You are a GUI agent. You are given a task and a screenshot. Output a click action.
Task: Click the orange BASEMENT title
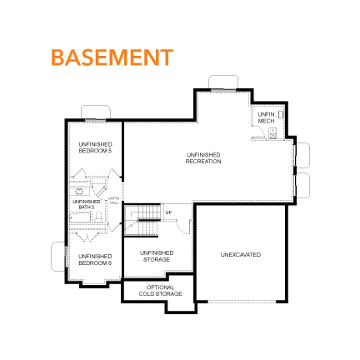click(x=111, y=57)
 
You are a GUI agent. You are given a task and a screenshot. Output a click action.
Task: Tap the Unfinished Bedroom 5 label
click(x=95, y=147)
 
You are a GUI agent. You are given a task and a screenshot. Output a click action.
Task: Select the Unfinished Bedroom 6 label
click(x=95, y=259)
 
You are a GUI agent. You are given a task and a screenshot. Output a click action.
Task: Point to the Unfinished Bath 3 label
click(x=86, y=202)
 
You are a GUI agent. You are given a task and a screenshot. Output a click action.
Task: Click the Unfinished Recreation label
click(x=203, y=157)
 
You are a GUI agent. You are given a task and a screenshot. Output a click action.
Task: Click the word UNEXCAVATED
click(x=241, y=253)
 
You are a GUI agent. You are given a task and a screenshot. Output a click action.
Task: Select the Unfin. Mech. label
click(x=266, y=118)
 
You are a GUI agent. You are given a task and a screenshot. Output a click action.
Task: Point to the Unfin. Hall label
click(x=114, y=199)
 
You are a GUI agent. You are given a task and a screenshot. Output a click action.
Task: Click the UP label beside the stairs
click(x=169, y=213)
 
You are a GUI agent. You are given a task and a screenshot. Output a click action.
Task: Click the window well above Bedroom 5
click(x=96, y=112)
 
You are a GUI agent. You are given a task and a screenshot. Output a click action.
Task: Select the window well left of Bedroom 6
click(x=59, y=255)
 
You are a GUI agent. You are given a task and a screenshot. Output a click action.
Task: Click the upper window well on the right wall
click(x=302, y=156)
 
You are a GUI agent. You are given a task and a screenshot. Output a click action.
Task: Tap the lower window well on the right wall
click(x=302, y=185)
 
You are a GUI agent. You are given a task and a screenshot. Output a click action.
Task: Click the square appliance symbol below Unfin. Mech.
click(x=272, y=133)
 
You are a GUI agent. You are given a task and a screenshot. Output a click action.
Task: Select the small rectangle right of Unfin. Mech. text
click(x=281, y=114)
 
